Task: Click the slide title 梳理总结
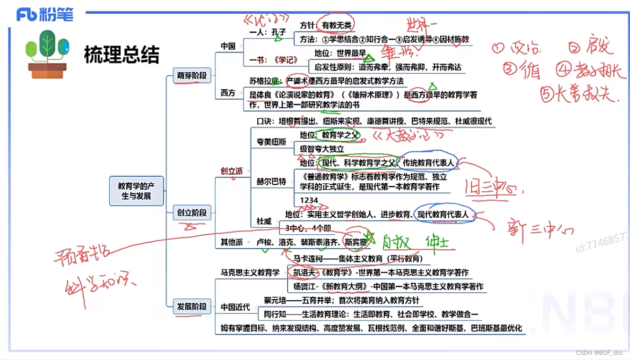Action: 121,55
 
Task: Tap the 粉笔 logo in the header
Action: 45,15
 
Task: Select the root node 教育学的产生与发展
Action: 136,191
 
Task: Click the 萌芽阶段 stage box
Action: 192,75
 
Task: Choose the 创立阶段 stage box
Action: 192,212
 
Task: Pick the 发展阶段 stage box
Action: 192,307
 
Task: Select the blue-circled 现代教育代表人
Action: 443,214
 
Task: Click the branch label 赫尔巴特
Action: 271,181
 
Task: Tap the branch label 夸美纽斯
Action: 271,142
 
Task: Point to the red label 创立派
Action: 231,170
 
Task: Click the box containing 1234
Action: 309,200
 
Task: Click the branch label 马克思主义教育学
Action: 250,273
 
